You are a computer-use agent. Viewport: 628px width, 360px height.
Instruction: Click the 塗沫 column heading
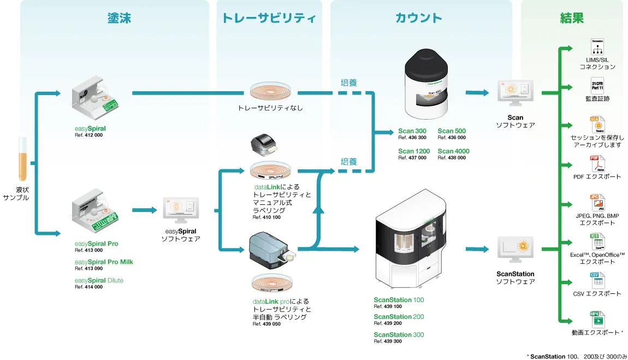(x=119, y=18)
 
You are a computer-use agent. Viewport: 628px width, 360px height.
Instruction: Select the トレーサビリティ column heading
(x=269, y=18)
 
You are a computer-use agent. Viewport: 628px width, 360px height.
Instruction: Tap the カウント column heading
(x=418, y=18)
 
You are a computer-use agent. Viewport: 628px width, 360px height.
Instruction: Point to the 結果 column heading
(x=571, y=18)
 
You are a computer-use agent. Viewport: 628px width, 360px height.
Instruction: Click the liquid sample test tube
(x=22, y=159)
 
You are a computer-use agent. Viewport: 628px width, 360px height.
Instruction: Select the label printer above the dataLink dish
(x=264, y=145)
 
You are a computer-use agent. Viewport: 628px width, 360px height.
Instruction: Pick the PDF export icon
(x=597, y=163)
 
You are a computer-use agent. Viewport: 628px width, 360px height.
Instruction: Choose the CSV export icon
(x=596, y=280)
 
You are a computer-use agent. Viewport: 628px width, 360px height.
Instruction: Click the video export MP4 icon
(x=596, y=318)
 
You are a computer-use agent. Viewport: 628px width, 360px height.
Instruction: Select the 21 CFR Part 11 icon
(x=597, y=85)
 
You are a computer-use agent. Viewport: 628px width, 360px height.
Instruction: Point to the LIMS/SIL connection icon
(x=597, y=46)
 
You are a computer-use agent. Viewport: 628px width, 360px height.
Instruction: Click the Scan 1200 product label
(x=413, y=151)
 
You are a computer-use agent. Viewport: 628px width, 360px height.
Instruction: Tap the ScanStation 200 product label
(x=398, y=317)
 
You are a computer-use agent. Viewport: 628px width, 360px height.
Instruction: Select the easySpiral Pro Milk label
(x=104, y=262)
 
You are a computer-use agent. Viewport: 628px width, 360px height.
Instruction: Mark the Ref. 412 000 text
(x=88, y=135)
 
